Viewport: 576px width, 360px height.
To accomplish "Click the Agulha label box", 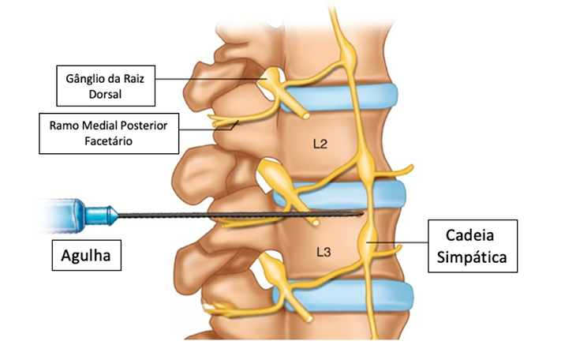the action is coord(87,255).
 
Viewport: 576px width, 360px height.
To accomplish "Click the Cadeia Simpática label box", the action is coord(473,246).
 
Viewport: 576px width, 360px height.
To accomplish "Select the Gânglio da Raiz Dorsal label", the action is coord(106,86).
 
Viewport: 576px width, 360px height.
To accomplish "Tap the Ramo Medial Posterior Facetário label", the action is coord(109,133).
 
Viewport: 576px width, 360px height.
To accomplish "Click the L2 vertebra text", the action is coord(320,144).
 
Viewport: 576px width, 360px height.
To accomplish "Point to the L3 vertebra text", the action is coord(324,253).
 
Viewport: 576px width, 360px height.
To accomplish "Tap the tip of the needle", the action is coord(363,213).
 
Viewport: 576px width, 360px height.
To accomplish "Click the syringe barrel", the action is coord(61,216).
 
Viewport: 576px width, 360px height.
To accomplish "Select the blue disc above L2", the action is coord(340,97).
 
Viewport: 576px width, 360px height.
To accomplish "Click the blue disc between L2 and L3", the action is coord(340,195).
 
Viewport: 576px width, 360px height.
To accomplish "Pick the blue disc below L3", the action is coord(343,295).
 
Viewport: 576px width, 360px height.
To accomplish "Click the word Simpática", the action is coord(472,257).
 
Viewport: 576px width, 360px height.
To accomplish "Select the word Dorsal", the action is coord(105,95).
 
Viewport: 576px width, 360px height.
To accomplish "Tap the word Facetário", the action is coord(108,141).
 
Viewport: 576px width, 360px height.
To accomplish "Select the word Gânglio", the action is coord(84,79).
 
